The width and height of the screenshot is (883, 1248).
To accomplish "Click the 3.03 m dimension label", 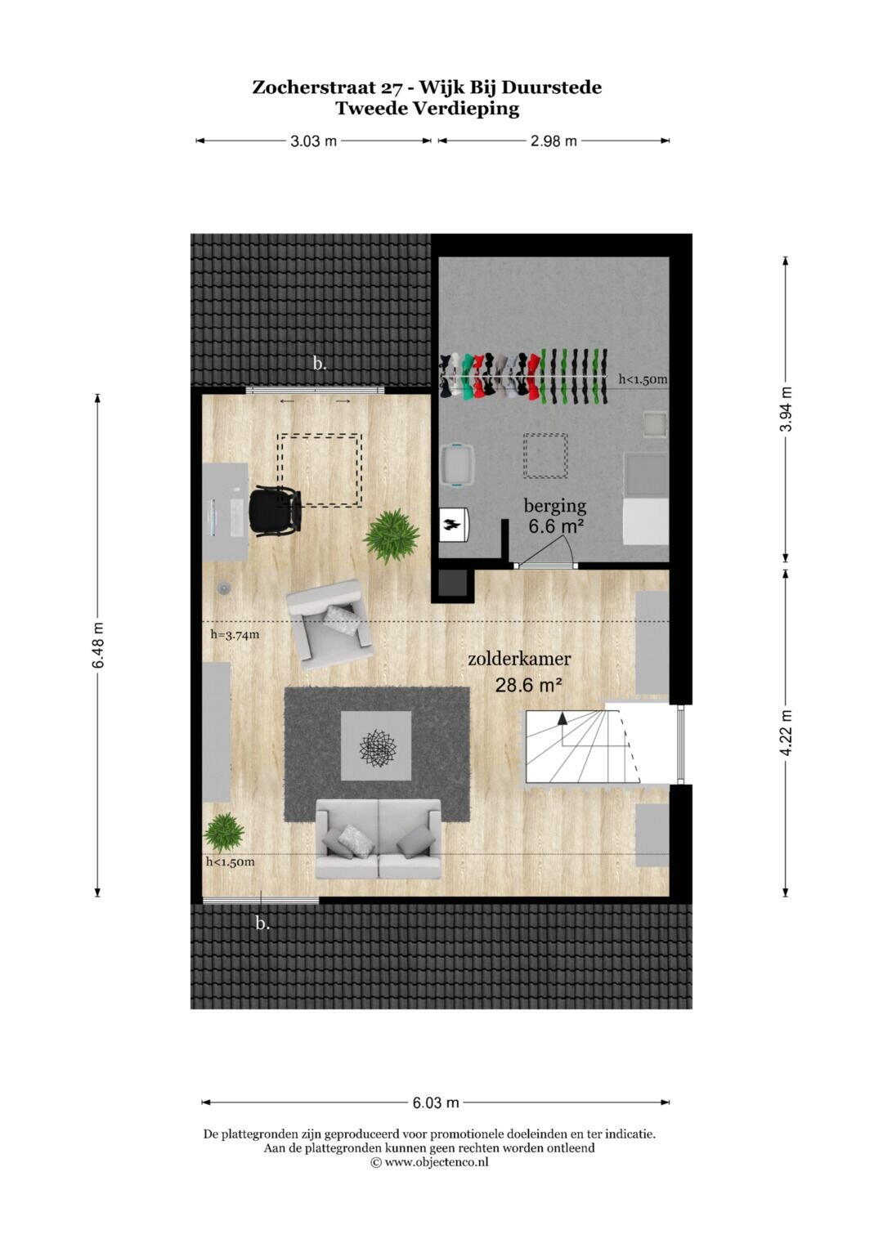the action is [313, 141].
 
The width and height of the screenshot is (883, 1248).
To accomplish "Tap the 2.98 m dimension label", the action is [553, 141].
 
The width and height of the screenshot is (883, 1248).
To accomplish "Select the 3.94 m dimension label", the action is [786, 409].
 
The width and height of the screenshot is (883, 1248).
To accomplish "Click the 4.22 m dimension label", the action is [786, 733].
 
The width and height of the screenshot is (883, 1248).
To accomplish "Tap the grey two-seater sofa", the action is [379, 839].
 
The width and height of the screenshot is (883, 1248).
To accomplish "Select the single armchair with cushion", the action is [329, 624].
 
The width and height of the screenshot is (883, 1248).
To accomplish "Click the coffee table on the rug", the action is [376, 745].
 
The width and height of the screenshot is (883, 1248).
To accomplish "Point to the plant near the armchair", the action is [392, 535].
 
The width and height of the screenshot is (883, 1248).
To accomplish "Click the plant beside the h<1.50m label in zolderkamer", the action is [223, 832].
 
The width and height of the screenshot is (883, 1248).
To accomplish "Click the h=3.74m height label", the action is [235, 634].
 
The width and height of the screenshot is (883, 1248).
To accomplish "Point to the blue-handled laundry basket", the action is [458, 466].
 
